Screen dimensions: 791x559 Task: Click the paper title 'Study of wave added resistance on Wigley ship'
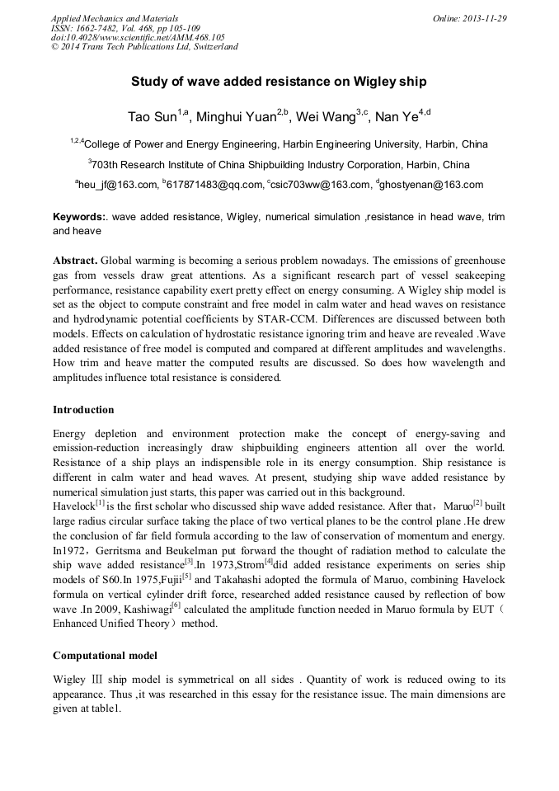(279, 82)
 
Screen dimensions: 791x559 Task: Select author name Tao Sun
(149, 117)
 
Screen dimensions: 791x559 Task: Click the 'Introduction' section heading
(83, 409)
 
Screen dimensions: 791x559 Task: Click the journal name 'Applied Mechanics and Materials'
(114, 18)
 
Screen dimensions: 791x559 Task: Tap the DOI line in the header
(138, 37)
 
